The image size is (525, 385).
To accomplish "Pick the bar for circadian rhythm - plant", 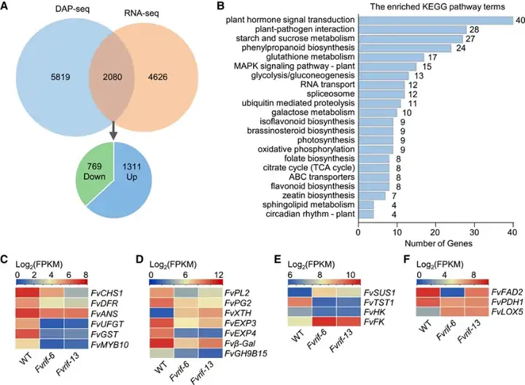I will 366,214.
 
